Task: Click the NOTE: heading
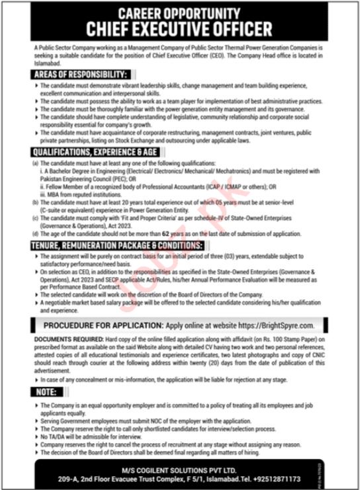tap(46, 391)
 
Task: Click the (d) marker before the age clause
tap(35, 233)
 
